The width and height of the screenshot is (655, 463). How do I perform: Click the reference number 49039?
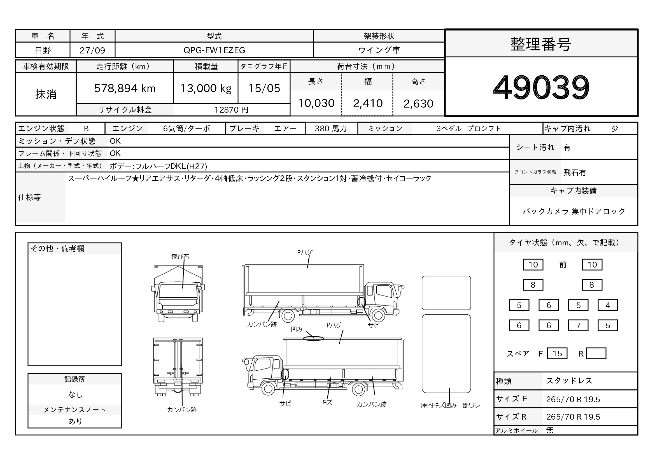(x=541, y=87)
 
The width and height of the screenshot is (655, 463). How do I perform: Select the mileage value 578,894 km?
(x=125, y=88)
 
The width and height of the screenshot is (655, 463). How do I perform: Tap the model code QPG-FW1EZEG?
(x=214, y=50)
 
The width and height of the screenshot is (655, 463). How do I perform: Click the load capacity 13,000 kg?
(x=206, y=88)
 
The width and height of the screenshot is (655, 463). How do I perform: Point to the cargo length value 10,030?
(x=316, y=103)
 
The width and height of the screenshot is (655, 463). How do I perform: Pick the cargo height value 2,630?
(x=418, y=104)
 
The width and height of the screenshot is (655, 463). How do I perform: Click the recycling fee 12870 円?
(x=231, y=110)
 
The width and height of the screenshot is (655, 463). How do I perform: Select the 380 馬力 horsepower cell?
(x=331, y=129)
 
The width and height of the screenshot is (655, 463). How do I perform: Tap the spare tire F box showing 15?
(x=557, y=353)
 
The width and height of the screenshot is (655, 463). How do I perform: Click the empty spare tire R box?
(x=596, y=353)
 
